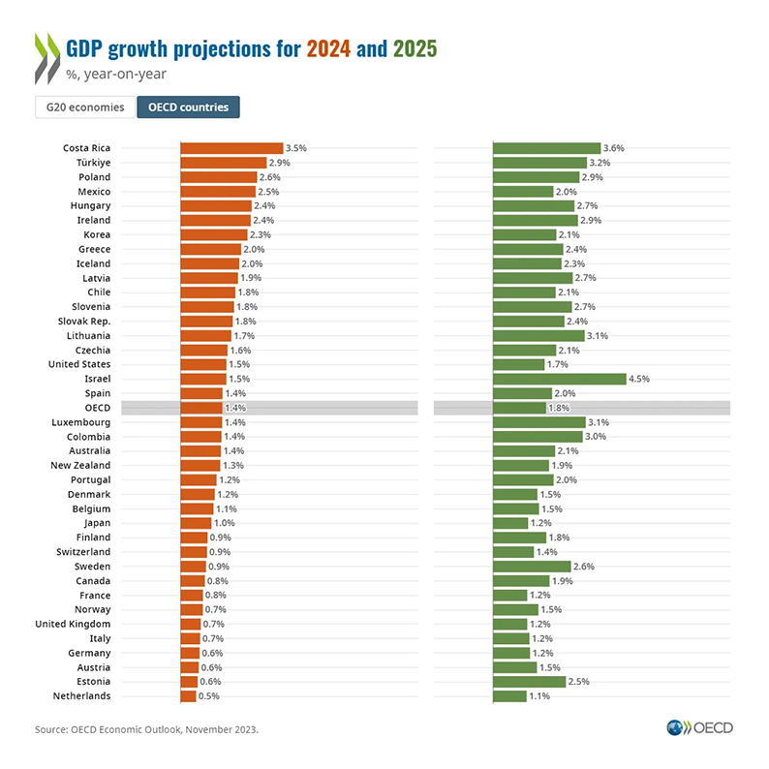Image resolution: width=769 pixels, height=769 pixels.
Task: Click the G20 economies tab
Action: point(85,108)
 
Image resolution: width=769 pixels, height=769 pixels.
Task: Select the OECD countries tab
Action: point(188,108)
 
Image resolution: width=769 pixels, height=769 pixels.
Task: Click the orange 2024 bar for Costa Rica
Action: point(231,148)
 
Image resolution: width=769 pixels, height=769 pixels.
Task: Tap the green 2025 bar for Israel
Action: point(560,379)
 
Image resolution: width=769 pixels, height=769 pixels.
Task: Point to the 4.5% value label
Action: point(639,379)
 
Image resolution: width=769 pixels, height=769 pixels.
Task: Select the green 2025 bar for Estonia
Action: point(530,682)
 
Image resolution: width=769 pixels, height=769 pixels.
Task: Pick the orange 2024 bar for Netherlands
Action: point(188,696)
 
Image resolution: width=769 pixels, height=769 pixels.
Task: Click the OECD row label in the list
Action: point(98,408)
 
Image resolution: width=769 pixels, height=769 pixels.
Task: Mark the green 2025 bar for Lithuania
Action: point(538,336)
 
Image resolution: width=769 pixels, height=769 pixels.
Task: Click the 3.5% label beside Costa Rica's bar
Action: point(296,148)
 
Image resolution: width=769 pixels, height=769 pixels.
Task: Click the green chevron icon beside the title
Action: point(45,56)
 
